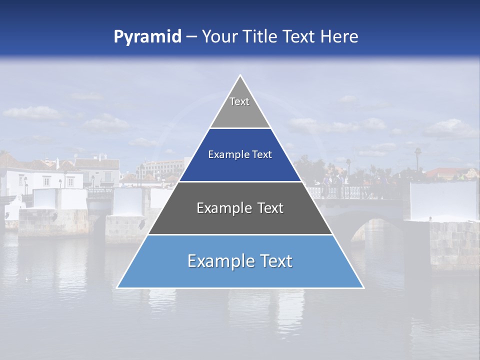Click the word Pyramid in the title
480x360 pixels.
pyautogui.click(x=147, y=37)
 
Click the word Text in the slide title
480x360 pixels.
pyautogui.click(x=300, y=37)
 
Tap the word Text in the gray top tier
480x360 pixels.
pyautogui.click(x=239, y=101)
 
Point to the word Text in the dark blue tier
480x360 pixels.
pyautogui.click(x=262, y=155)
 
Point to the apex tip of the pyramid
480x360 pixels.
pyautogui.click(x=240, y=76)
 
